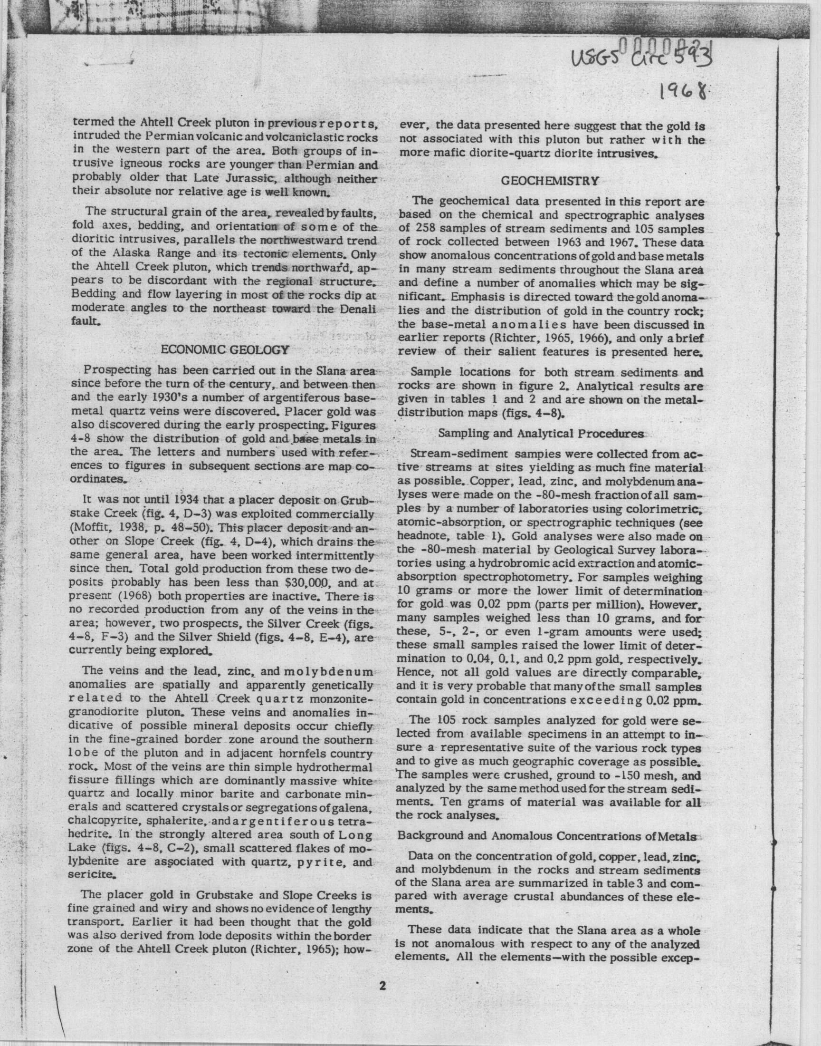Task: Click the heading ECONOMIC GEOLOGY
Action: coord(224,349)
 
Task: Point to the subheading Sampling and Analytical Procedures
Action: coord(541,433)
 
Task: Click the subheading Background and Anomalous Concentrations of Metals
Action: coord(547,836)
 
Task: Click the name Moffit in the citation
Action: coord(88,528)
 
